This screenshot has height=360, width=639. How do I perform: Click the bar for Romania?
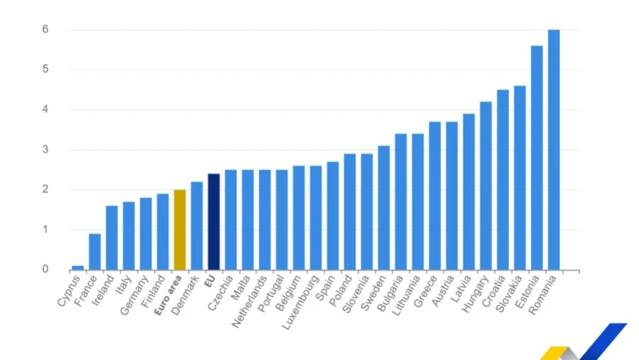554,150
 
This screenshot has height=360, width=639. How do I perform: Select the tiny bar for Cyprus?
77,268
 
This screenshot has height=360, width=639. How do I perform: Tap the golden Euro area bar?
180,230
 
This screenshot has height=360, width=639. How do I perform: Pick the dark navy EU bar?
214,222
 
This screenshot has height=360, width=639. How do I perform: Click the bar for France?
95,252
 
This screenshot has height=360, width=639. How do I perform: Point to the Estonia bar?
537,158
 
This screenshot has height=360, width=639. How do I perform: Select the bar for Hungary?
486,186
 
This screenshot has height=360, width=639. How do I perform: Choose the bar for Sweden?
384,208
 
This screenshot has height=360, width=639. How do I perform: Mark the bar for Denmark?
196,226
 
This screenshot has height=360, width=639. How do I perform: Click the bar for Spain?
333,216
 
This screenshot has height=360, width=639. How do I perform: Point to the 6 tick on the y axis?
46,30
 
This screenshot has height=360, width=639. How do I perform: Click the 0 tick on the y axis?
46,269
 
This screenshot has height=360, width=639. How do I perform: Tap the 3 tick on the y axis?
46,149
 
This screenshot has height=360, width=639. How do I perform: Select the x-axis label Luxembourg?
301,302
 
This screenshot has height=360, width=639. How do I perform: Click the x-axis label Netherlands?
249,302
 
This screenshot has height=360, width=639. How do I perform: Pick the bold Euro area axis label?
168,295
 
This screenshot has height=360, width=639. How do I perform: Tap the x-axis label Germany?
134,295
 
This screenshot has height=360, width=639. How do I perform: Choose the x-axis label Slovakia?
509,294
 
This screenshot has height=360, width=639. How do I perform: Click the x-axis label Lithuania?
406,295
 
